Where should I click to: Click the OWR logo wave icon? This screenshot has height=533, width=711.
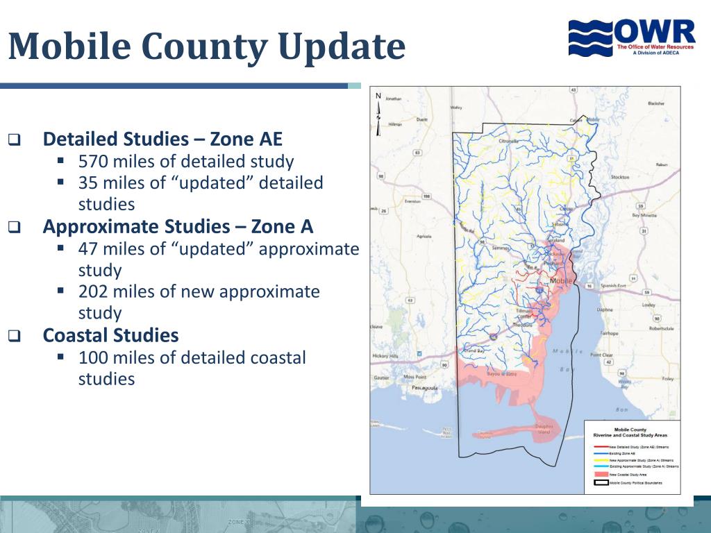coord(592,37)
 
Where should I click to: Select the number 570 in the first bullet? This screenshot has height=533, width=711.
coord(93,162)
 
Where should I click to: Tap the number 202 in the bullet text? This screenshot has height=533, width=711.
coord(93,291)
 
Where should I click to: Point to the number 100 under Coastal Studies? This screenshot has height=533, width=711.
coord(93,357)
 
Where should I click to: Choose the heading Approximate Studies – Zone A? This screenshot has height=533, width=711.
coord(178,227)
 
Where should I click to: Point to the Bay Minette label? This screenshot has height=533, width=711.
coord(644,215)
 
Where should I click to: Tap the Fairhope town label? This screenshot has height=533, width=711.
coord(608,333)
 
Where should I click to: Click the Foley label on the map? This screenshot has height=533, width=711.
coord(667,379)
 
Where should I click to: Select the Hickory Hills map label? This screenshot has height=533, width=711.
coord(385,356)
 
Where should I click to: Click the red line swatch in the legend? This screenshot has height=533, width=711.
coord(601,446)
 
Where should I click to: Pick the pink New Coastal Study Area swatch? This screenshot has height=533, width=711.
coord(601,475)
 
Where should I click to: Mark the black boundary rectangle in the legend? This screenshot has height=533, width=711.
coord(601,482)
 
